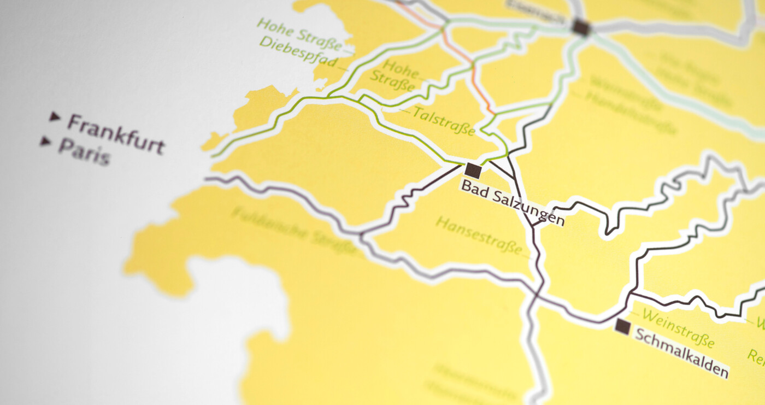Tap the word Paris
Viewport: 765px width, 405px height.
point(84,151)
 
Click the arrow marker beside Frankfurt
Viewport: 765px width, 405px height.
point(54,116)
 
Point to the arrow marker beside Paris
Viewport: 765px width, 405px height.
point(45,142)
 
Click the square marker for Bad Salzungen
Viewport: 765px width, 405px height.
point(473,170)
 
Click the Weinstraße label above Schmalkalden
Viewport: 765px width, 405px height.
point(678,328)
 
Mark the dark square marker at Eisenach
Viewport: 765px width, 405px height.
point(581,27)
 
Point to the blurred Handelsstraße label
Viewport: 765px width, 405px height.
point(631,113)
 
